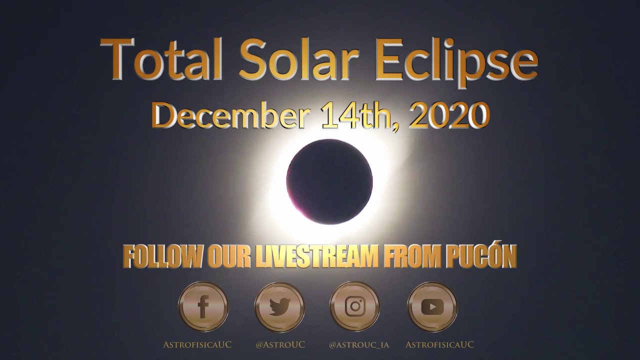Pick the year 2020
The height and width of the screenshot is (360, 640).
[x=449, y=114]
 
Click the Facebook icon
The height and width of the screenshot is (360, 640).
[x=203, y=307]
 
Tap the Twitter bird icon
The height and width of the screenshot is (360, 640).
[x=279, y=307]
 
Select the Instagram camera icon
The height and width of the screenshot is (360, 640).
[x=354, y=307]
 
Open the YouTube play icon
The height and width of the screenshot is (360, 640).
[x=432, y=307]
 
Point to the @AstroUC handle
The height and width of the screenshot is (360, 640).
[x=280, y=344]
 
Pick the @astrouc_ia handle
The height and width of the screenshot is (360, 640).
[x=359, y=344]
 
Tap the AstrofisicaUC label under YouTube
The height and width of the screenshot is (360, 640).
[x=439, y=344]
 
